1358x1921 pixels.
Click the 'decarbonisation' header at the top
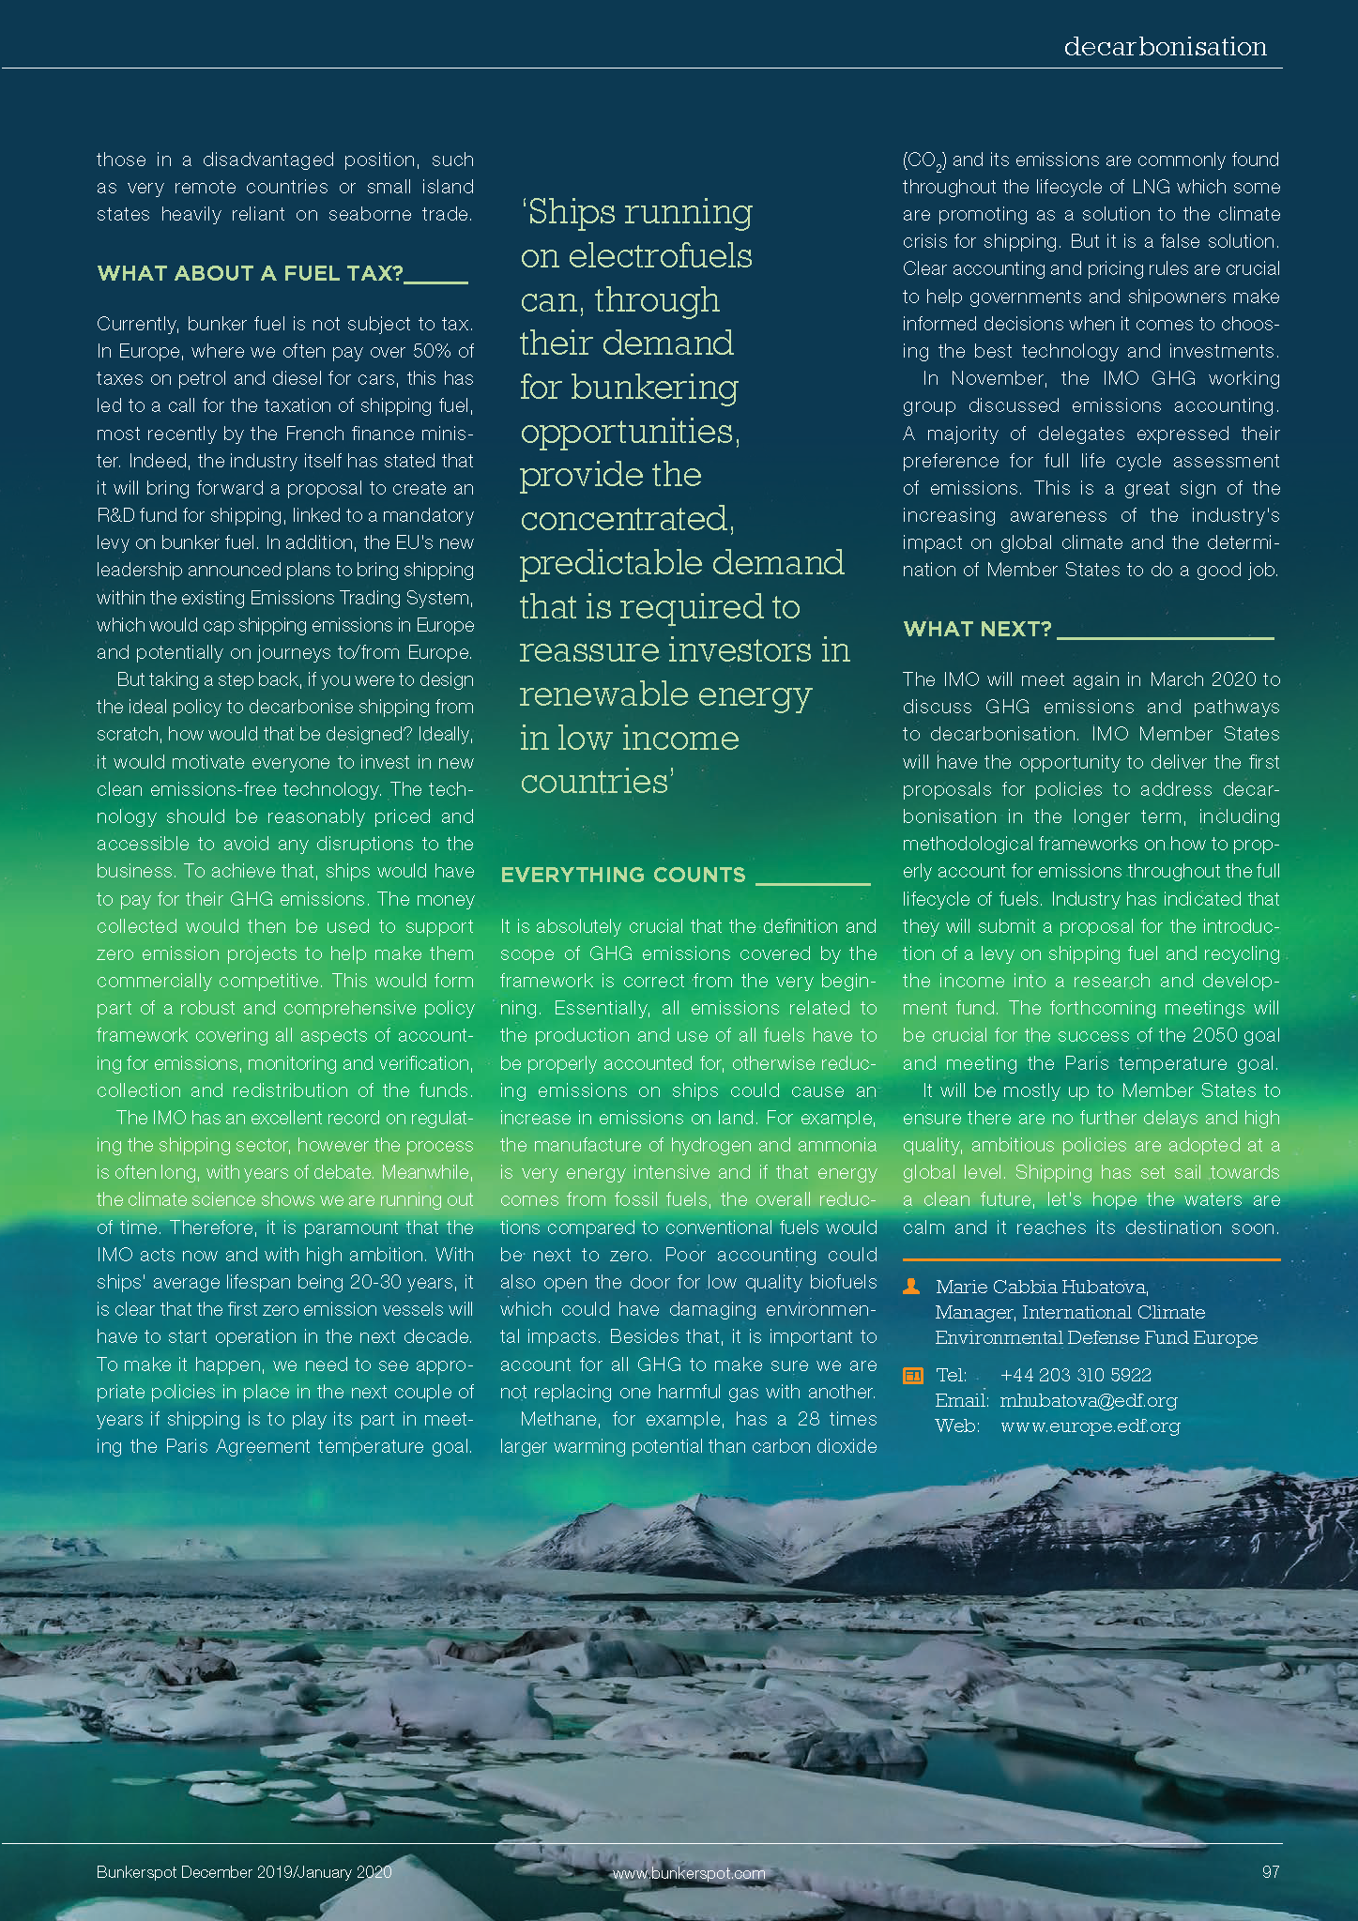tap(1165, 47)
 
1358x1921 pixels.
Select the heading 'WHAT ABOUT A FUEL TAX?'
tap(250, 273)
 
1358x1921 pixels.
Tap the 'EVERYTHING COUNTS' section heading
tap(623, 875)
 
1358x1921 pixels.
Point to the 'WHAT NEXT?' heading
tap(977, 629)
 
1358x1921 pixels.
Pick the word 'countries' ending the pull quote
tap(593, 782)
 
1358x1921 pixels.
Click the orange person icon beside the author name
tap(911, 1287)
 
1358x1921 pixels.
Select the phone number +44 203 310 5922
tap(1076, 1376)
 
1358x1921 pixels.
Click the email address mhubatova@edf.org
tap(1088, 1401)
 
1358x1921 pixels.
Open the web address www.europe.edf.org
tap(1090, 1426)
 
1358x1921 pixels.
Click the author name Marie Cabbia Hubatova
tap(1042, 1287)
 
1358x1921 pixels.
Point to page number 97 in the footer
tap(1271, 1872)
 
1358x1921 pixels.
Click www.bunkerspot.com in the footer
tap(689, 1873)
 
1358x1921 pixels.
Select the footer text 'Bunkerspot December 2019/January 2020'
tap(244, 1872)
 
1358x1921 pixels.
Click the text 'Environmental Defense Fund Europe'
tap(1096, 1337)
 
